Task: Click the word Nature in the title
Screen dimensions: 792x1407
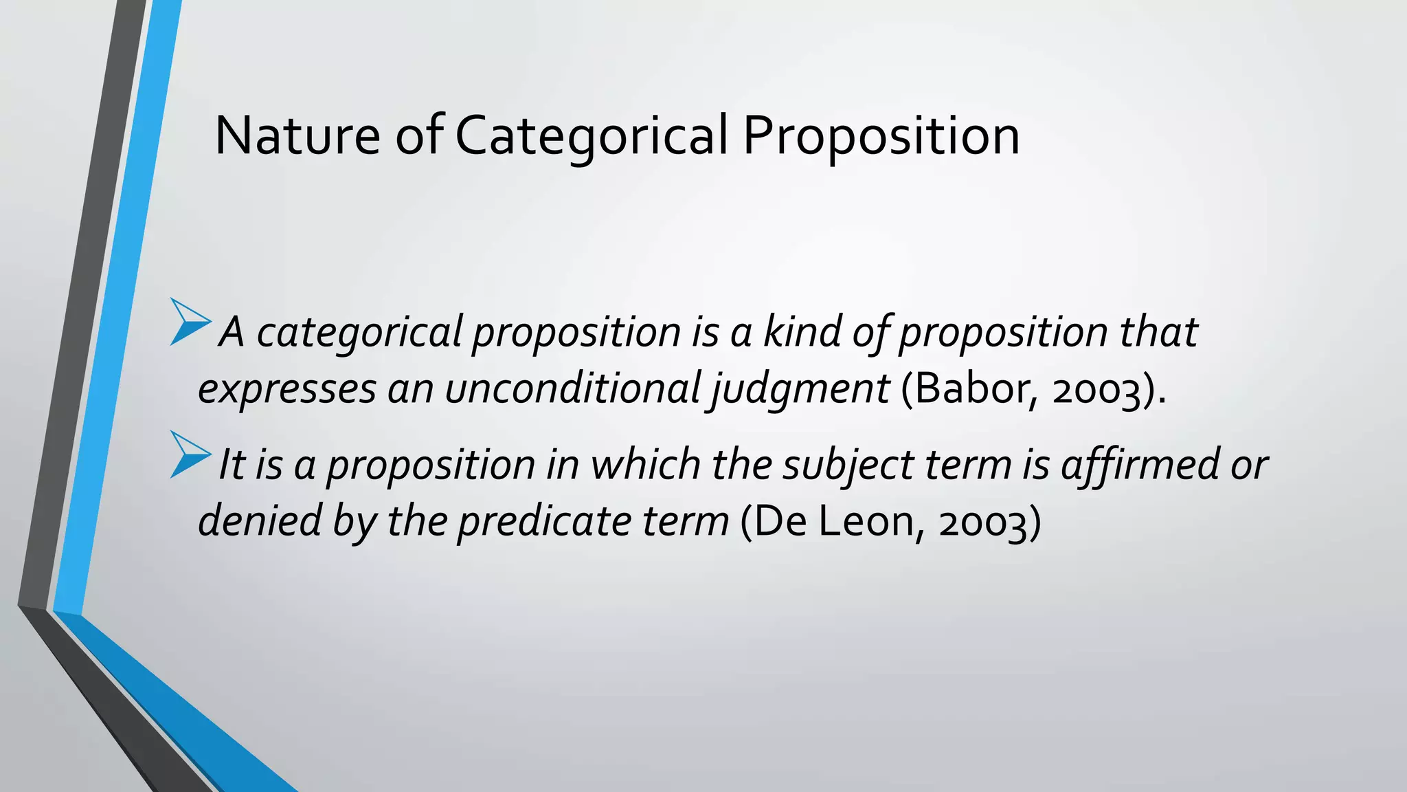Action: (297, 135)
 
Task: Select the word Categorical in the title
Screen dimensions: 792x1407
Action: (590, 135)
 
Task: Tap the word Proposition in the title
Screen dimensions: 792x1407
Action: (881, 135)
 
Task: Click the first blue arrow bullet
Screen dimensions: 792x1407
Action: (190, 321)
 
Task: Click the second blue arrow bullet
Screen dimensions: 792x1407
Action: (190, 454)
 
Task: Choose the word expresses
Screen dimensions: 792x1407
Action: (286, 388)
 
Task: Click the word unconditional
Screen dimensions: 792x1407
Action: (572, 388)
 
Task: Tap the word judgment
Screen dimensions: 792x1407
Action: (800, 388)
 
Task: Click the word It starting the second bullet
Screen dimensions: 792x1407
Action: (231, 464)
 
